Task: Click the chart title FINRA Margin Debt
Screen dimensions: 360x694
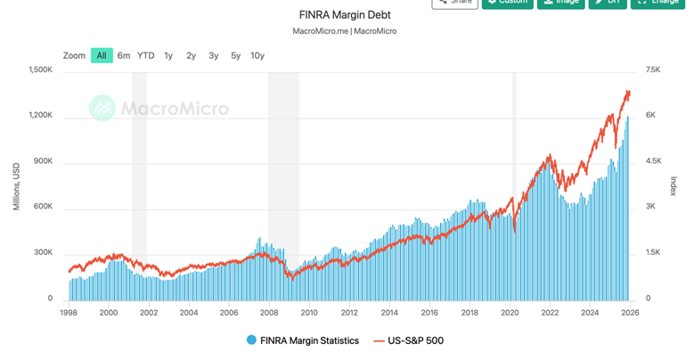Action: point(344,15)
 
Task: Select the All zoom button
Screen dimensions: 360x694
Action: point(102,55)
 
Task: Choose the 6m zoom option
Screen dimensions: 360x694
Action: point(124,55)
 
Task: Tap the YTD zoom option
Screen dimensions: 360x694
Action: point(146,55)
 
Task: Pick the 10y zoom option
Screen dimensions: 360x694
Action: point(257,55)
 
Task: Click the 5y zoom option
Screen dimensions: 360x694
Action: point(235,55)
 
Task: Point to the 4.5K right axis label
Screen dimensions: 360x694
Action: point(654,161)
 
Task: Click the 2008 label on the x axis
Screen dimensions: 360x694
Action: point(269,313)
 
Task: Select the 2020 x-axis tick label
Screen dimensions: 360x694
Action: point(510,313)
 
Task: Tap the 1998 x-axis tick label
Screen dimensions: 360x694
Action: point(69,313)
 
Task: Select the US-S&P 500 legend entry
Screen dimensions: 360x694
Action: point(407,340)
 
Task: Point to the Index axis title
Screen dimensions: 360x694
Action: point(674,185)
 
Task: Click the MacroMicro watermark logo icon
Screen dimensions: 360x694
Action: point(103,109)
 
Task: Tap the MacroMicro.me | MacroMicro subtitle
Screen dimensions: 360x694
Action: point(344,31)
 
